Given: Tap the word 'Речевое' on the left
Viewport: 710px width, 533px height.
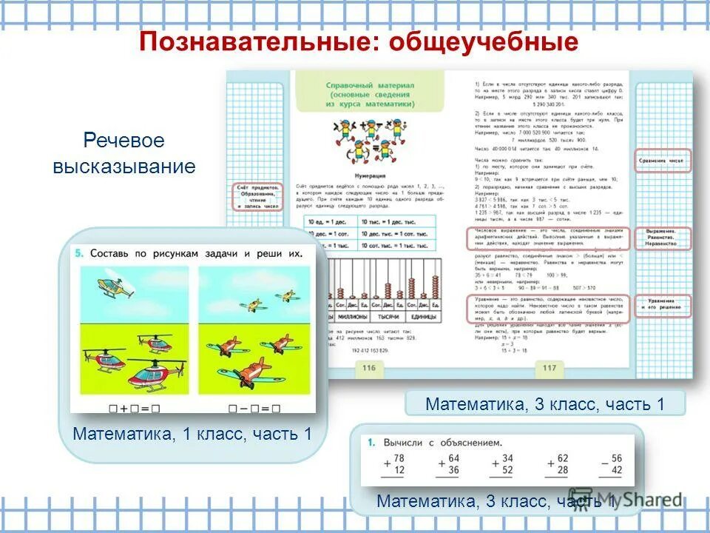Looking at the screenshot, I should pyautogui.click(x=124, y=141).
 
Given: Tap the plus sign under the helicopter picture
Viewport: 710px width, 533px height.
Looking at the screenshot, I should pyautogui.click(x=123, y=407).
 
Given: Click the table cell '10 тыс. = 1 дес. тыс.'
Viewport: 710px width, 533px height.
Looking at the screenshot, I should pyautogui.click(x=395, y=221).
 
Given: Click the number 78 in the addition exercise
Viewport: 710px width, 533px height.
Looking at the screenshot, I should pyautogui.click(x=399, y=458).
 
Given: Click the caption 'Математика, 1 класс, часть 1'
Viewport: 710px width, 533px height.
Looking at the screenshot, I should pyautogui.click(x=192, y=435).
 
